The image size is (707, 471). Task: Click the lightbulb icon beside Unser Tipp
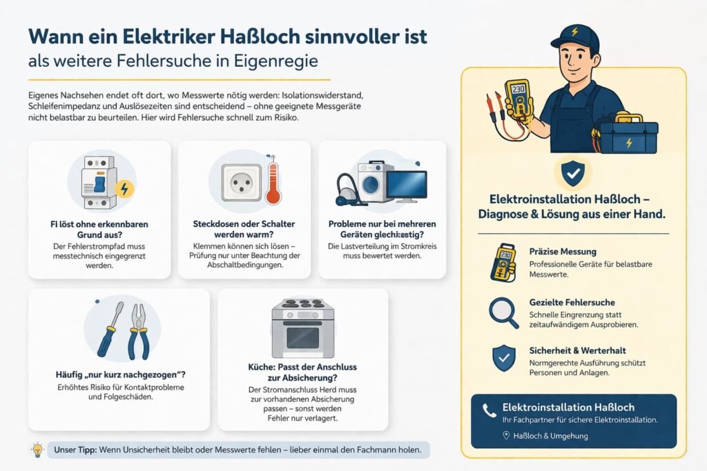pos(37,450)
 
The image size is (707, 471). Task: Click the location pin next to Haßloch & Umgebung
pos(506,435)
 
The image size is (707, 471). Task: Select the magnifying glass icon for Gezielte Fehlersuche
pos(503,312)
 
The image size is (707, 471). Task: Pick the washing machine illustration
pos(376,181)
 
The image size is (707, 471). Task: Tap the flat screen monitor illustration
pos(407,185)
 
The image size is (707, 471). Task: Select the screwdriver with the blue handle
pos(110,329)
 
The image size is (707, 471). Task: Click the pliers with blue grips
pos(139,331)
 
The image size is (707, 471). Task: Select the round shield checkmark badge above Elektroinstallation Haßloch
pos(572,175)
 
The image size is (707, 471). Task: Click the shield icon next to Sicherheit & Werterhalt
pos(503,358)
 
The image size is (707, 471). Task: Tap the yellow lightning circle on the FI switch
pos(124,188)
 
